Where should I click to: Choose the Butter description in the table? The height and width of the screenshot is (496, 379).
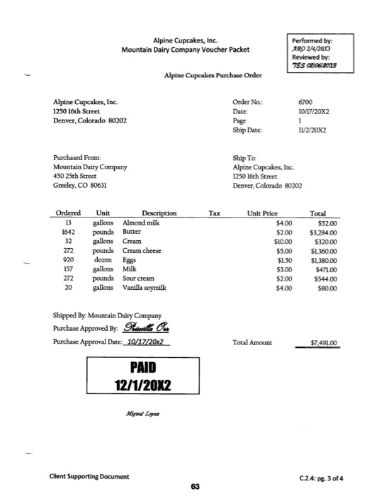coord(132,232)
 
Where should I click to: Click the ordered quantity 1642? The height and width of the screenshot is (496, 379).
coord(68,232)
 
